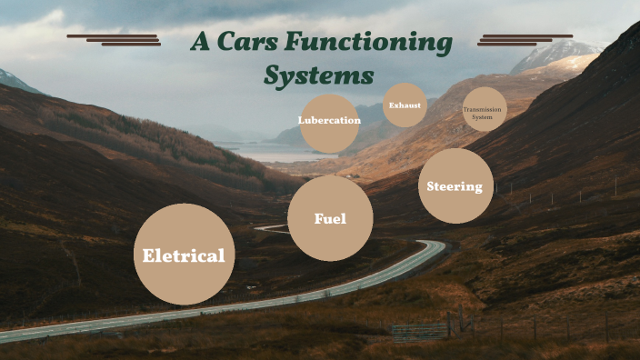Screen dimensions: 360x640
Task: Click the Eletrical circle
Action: pyautogui.click(x=184, y=255)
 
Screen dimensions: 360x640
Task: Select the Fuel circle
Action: pyautogui.click(x=330, y=218)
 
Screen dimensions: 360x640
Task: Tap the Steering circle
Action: pyautogui.click(x=455, y=186)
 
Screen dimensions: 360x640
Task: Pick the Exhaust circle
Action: pyautogui.click(x=405, y=105)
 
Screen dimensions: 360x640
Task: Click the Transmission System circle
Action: pyautogui.click(x=485, y=110)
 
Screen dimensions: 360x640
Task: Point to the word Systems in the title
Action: pyautogui.click(x=318, y=75)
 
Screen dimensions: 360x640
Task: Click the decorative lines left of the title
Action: pyautogui.click(x=114, y=39)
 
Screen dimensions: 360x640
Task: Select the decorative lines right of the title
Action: pyautogui.click(x=525, y=39)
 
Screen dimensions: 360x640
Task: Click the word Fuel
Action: pyautogui.click(x=330, y=218)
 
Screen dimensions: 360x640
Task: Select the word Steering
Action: pyautogui.click(x=455, y=186)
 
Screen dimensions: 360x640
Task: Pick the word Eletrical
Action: pyautogui.click(x=184, y=255)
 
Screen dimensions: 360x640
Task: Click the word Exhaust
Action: pyautogui.click(x=405, y=105)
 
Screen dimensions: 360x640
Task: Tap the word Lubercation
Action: pyautogui.click(x=329, y=120)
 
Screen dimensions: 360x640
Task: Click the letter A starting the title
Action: pyautogui.click(x=201, y=42)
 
